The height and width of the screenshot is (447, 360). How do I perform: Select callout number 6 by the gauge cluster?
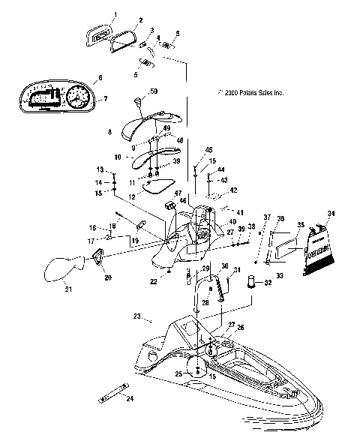98,78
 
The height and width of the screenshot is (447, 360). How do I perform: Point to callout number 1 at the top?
115,14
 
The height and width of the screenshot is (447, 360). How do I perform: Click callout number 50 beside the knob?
154,91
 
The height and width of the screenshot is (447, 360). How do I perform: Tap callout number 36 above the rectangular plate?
280,218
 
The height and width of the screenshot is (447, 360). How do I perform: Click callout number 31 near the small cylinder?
237,271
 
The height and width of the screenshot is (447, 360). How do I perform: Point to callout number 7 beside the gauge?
105,99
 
